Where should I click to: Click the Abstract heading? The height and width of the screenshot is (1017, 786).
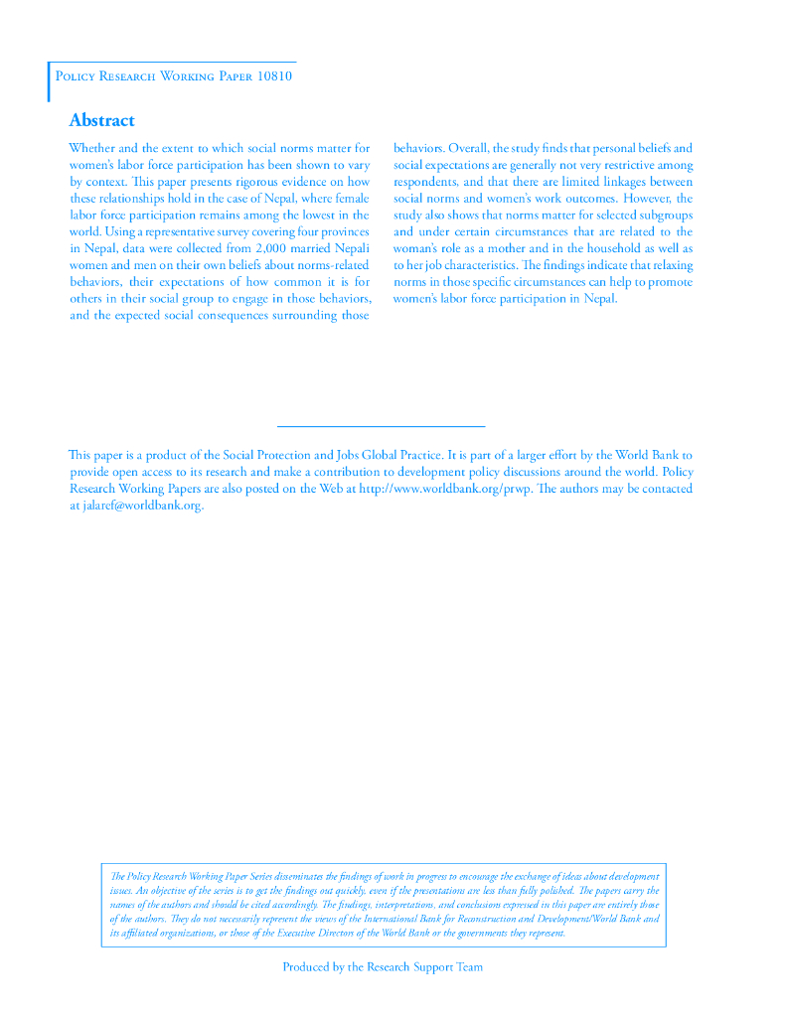(x=101, y=120)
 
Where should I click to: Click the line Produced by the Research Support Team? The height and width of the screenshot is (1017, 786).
(x=383, y=966)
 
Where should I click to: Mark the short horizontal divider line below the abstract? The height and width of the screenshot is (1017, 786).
(x=382, y=426)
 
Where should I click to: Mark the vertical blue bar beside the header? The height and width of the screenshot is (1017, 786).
(x=48, y=80)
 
